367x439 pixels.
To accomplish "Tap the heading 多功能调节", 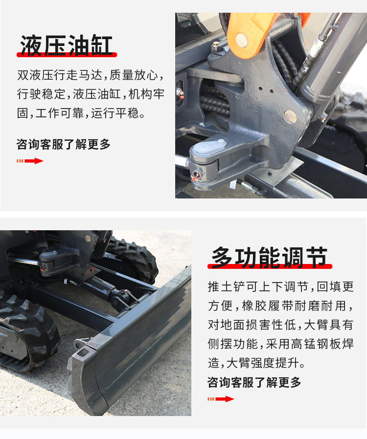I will coord(270,257).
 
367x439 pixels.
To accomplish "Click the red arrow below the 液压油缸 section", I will coord(30,161).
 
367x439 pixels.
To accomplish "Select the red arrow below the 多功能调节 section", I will coord(221,399).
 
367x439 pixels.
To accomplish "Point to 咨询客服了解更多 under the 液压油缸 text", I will coord(64,144).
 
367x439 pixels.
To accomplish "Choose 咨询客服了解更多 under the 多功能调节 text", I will coord(254,382).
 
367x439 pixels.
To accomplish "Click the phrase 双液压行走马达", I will coord(60,75).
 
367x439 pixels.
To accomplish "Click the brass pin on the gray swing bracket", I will coord(290,116).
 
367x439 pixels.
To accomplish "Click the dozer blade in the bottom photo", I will coord(142,342).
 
